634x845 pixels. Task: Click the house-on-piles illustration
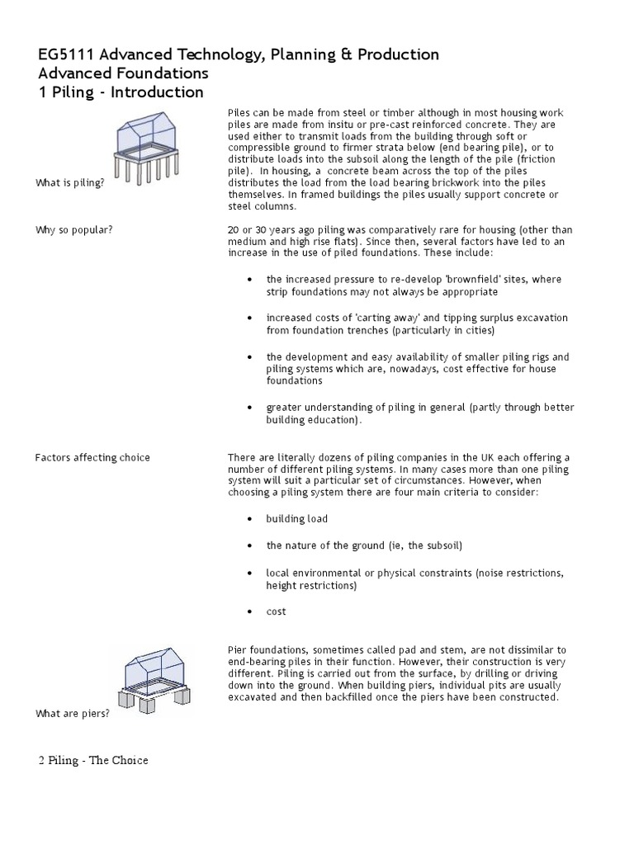point(149,149)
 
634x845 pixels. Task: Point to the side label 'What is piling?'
point(69,182)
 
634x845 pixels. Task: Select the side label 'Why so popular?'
point(74,229)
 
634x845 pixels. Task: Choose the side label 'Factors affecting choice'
point(92,458)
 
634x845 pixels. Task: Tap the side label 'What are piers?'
point(73,713)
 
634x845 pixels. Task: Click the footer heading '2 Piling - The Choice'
point(93,760)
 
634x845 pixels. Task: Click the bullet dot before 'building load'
point(249,519)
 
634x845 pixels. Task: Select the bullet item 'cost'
point(276,611)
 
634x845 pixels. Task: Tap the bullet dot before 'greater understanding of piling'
point(249,408)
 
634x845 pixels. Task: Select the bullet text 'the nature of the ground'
point(327,545)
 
